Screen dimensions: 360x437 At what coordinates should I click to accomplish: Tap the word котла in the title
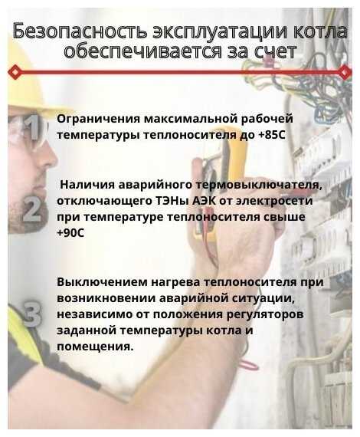tap(320, 31)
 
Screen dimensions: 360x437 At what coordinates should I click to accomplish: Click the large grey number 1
tap(34, 127)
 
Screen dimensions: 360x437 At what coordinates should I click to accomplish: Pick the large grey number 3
tap(32, 314)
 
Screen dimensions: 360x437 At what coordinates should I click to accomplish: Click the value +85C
tap(272, 135)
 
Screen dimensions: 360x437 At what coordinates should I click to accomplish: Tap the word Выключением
tap(102, 282)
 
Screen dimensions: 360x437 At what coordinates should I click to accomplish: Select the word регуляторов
tap(265, 314)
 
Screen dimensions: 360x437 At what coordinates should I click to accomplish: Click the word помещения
tap(93, 347)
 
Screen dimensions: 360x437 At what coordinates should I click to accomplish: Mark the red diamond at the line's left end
tap(15, 72)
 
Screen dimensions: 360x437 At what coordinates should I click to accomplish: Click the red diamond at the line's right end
tap(345, 72)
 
